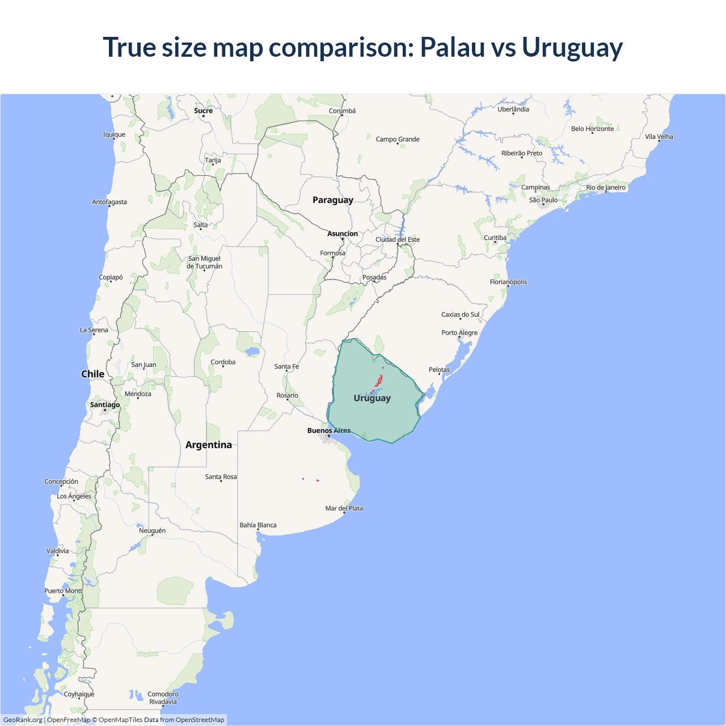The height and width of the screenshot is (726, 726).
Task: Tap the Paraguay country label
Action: click(x=332, y=200)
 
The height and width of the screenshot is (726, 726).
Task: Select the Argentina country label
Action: click(x=208, y=445)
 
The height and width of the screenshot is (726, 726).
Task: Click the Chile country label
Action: click(x=92, y=374)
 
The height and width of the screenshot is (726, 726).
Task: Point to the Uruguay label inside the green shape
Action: click(x=372, y=398)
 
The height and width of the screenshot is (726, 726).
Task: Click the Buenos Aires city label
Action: click(x=329, y=430)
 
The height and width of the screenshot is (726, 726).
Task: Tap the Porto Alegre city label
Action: click(x=459, y=333)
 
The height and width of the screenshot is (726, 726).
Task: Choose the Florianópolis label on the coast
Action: click(x=508, y=282)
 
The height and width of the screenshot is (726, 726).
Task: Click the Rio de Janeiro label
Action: click(x=606, y=188)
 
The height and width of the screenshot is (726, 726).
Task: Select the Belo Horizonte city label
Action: click(x=592, y=129)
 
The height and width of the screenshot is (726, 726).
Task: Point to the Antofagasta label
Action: click(x=109, y=202)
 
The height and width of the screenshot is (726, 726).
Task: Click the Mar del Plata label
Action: click(x=344, y=508)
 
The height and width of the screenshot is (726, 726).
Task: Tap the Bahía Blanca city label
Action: click(x=258, y=525)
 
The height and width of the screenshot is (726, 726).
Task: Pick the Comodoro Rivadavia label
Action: click(x=163, y=698)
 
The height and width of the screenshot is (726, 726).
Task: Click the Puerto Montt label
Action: click(x=64, y=591)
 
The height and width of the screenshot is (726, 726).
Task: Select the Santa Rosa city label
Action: click(x=221, y=477)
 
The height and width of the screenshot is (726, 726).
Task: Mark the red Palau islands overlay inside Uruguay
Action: click(x=378, y=381)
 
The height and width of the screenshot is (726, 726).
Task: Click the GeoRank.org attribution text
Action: click(x=23, y=720)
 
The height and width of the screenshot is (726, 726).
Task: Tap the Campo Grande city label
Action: click(x=398, y=140)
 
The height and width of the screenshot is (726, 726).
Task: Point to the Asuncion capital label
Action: click(x=343, y=234)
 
